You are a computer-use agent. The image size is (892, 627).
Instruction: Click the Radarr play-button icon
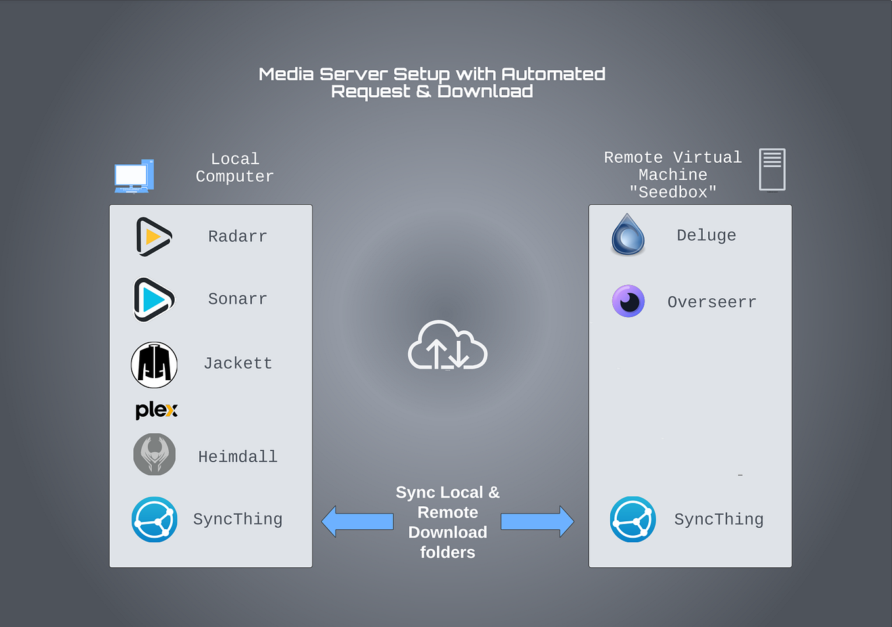click(x=154, y=236)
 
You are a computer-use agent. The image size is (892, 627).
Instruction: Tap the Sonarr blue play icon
click(x=154, y=299)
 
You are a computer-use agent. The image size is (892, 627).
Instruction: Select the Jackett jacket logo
click(x=154, y=364)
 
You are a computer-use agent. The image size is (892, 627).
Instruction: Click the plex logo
click(x=156, y=410)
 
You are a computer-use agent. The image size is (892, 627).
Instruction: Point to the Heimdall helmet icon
click(x=154, y=454)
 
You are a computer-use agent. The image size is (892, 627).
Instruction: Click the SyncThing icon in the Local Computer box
click(x=154, y=519)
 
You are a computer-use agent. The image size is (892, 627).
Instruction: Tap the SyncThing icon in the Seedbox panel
click(x=633, y=519)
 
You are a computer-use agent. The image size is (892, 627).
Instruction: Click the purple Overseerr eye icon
click(x=629, y=301)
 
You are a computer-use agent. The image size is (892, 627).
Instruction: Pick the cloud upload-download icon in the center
click(x=447, y=345)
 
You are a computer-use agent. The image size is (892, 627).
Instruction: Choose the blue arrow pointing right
click(x=537, y=521)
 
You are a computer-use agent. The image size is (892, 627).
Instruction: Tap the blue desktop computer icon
click(x=134, y=176)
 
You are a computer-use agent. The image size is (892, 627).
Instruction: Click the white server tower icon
click(x=772, y=169)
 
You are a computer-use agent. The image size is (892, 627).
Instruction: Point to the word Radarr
click(x=238, y=236)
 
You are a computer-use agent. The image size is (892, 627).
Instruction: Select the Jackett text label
click(x=238, y=364)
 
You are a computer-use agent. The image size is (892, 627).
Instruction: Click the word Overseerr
click(x=712, y=302)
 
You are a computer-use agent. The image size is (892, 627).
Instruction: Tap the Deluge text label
click(x=706, y=235)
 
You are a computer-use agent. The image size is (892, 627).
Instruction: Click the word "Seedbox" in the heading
click(x=673, y=192)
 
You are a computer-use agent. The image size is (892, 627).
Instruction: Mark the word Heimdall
click(x=238, y=456)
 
